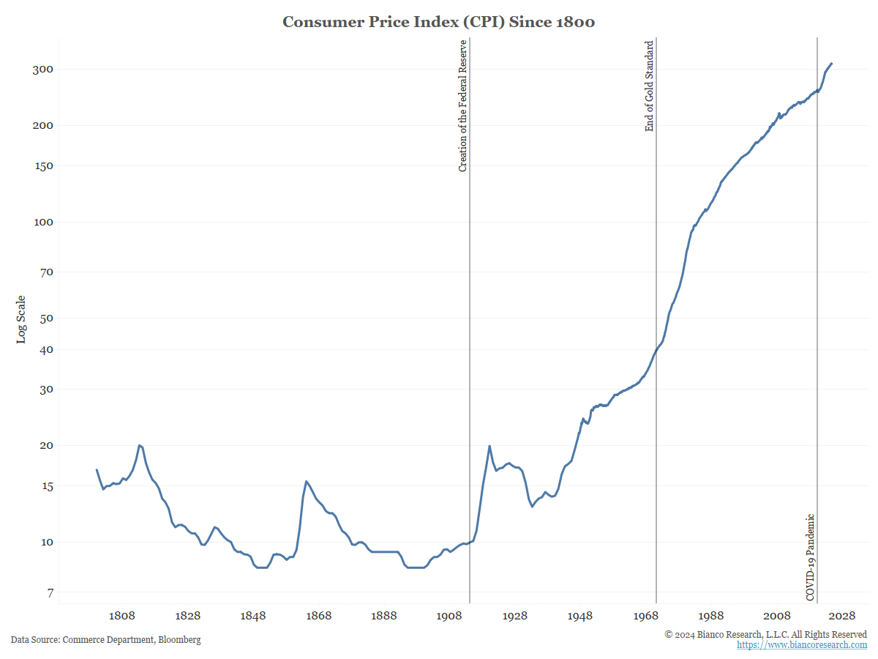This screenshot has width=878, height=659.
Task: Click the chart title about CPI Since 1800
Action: pyautogui.click(x=438, y=22)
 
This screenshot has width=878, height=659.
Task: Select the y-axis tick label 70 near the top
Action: pyautogui.click(x=47, y=272)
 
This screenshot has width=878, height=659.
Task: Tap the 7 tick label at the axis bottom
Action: pyautogui.click(x=50, y=592)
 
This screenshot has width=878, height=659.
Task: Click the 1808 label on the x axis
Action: pyautogui.click(x=122, y=617)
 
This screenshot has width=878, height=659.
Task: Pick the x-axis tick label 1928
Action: pyautogui.click(x=515, y=617)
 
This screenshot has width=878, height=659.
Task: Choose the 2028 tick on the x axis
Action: pyautogui.click(x=842, y=617)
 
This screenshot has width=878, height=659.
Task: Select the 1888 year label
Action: pyautogui.click(x=384, y=617)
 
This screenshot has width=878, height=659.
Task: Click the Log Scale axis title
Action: pyautogui.click(x=21, y=319)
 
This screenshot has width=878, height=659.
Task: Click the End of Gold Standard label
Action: pyautogui.click(x=649, y=86)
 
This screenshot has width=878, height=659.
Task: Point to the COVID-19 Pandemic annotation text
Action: pyautogui.click(x=810, y=557)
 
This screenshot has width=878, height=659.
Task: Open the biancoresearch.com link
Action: pyautogui.click(x=801, y=645)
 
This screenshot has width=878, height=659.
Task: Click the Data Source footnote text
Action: pyautogui.click(x=105, y=640)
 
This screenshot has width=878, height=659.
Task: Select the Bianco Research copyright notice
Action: pyautogui.click(x=765, y=634)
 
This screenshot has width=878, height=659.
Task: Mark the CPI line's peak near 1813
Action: pyautogui.click(x=139, y=445)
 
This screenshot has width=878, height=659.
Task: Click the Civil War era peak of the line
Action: pyautogui.click(x=306, y=481)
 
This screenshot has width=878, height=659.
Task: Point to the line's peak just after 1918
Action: pyautogui.click(x=489, y=446)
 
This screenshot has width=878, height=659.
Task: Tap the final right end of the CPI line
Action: pyautogui.click(x=832, y=64)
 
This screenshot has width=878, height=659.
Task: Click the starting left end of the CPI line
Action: pyautogui.click(x=97, y=470)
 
